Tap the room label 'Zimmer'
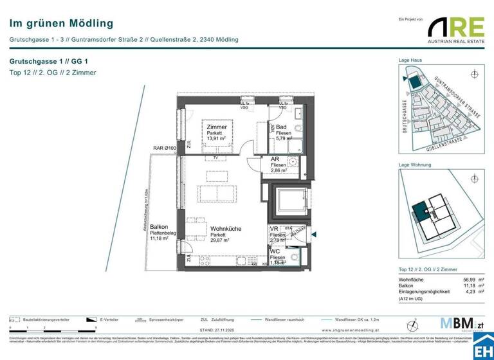pos(216,127)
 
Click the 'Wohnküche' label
pos(226,228)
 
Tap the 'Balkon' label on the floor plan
pos(159,227)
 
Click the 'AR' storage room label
pos(275,159)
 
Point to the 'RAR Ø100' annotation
pos(165,148)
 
